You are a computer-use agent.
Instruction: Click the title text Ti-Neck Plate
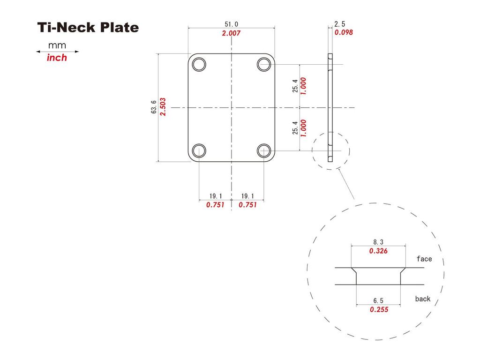click(88, 28)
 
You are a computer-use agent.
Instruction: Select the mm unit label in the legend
click(57, 45)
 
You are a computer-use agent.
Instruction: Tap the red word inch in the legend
click(57, 58)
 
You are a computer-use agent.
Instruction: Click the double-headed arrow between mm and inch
click(58, 52)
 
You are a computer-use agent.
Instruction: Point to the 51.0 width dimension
click(232, 24)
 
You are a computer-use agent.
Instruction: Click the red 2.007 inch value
click(232, 33)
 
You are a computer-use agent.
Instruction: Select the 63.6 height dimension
click(154, 108)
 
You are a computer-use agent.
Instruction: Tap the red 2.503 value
click(163, 108)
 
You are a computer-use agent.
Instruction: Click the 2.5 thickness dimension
click(340, 24)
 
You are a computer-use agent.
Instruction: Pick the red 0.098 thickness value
click(343, 32)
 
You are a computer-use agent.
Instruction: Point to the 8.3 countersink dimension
click(378, 242)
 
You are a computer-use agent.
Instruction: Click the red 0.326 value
click(378, 251)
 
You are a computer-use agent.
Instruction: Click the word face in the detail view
click(424, 259)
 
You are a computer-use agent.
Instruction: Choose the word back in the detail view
click(422, 299)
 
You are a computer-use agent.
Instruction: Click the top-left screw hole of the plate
click(199, 64)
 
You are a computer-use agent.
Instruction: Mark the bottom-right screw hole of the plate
click(264, 150)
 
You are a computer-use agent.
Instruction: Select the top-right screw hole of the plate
click(264, 64)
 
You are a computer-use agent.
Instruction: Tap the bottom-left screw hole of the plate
click(199, 150)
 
